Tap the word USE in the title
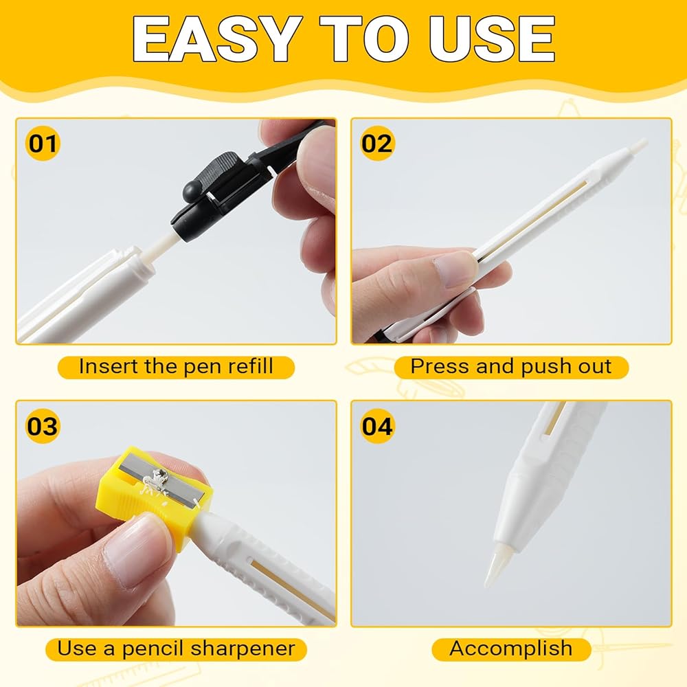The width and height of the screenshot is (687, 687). click(x=492, y=39)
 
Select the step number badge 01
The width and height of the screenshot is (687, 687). click(x=43, y=144)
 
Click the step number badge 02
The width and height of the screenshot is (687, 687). click(x=376, y=144)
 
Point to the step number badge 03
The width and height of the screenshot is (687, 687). click(x=43, y=426)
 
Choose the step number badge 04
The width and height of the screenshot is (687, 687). click(x=376, y=426)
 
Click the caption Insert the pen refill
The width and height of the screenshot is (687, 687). click(x=176, y=367)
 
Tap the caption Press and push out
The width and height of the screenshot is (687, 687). click(x=511, y=367)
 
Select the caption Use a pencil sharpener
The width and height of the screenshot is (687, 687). click(x=176, y=649)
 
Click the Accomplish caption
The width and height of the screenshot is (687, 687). click(x=511, y=649)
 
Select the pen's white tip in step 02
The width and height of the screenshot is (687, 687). click(x=638, y=146)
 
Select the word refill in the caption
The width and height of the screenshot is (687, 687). click(x=254, y=366)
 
